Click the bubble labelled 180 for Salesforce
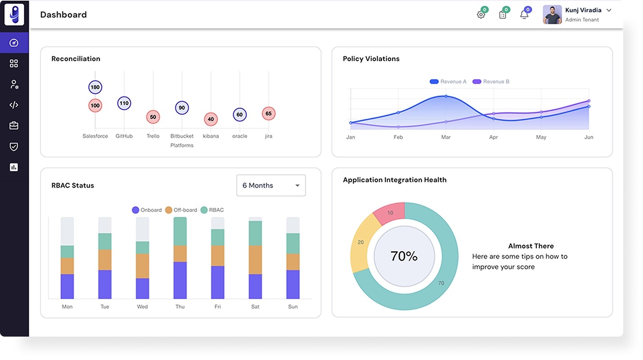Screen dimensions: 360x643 pyautogui.click(x=95, y=87)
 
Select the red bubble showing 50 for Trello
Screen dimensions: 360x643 pyautogui.click(x=153, y=117)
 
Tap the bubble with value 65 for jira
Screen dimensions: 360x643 pyautogui.click(x=268, y=113)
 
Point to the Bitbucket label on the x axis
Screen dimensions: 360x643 pyautogui.click(x=182, y=136)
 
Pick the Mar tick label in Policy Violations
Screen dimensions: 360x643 pyautogui.click(x=446, y=137)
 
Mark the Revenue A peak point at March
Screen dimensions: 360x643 pyautogui.click(x=446, y=96)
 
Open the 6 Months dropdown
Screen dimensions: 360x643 pyautogui.click(x=271, y=185)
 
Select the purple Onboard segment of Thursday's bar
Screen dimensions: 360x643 pyautogui.click(x=180, y=280)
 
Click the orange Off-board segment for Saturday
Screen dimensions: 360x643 pyautogui.click(x=255, y=260)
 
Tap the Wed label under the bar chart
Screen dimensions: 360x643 pyautogui.click(x=142, y=306)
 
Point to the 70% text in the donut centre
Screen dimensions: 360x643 pyautogui.click(x=404, y=256)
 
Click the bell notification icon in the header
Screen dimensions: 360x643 pyautogui.click(x=524, y=15)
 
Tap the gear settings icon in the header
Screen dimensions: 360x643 pyautogui.click(x=481, y=15)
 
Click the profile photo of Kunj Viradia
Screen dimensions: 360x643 pyautogui.click(x=552, y=15)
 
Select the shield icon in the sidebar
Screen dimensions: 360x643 pyautogui.click(x=14, y=147)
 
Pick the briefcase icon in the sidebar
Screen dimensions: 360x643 pyautogui.click(x=14, y=126)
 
